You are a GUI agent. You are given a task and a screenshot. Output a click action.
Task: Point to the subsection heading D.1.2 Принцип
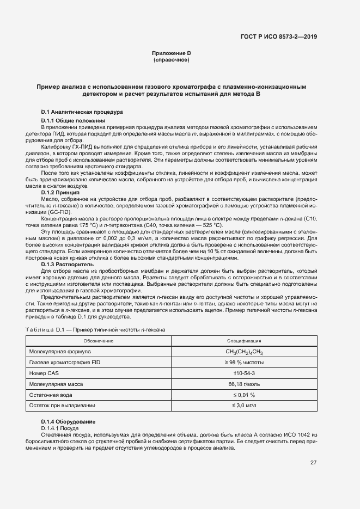click(x=60, y=193)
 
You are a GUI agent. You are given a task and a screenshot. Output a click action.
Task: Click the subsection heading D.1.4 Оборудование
click(x=68, y=422)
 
